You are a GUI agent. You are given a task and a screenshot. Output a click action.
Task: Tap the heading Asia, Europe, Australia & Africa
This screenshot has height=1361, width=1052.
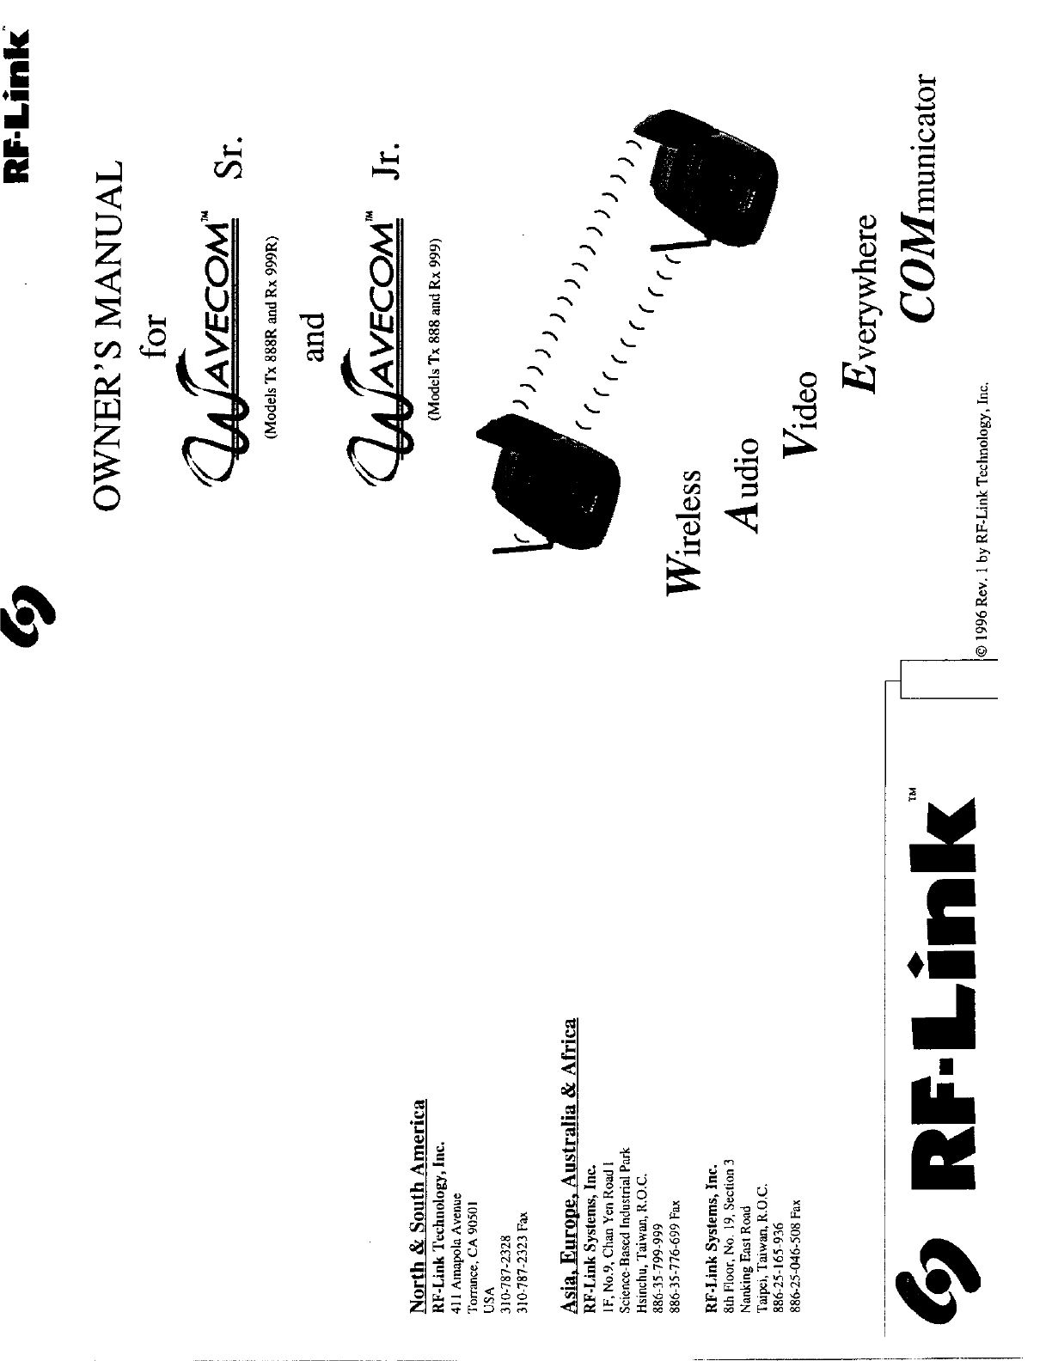point(568,1151)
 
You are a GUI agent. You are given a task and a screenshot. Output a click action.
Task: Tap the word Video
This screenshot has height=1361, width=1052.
point(800,413)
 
